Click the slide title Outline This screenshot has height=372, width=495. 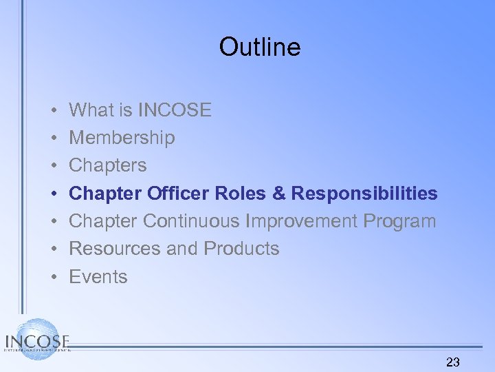coord(260,47)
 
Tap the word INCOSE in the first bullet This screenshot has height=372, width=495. coord(175,110)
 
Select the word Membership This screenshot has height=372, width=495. coord(122,138)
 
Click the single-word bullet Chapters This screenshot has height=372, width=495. coord(108,165)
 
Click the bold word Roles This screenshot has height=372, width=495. coord(240,194)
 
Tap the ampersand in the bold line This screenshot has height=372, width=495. coord(278,194)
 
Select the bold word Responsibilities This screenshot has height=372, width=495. coord(364,194)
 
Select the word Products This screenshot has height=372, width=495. coord(241,249)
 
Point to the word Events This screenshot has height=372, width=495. coord(98,277)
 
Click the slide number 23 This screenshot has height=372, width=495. coord(453,362)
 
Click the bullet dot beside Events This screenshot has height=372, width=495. coord(53,278)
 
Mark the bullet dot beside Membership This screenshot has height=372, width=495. coord(53,138)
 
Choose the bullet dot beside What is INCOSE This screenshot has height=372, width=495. coord(53,111)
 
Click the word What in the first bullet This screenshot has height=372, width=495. coord(91,110)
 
